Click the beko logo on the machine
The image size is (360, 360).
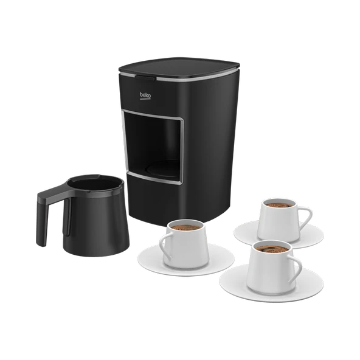pos(145,95)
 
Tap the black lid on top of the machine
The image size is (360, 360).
pos(179,67)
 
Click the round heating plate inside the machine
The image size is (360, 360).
pos(162,169)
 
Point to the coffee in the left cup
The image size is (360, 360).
pos(185,227)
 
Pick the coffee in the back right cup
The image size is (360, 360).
pos(279,205)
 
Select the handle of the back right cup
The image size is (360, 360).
pos(305,218)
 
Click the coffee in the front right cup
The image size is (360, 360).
pos(272,249)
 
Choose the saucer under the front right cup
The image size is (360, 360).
pos(271,283)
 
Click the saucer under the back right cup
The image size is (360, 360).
pos(279,234)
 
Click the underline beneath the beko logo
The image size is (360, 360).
pos(145,99)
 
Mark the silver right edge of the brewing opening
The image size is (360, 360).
pos(182,150)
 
